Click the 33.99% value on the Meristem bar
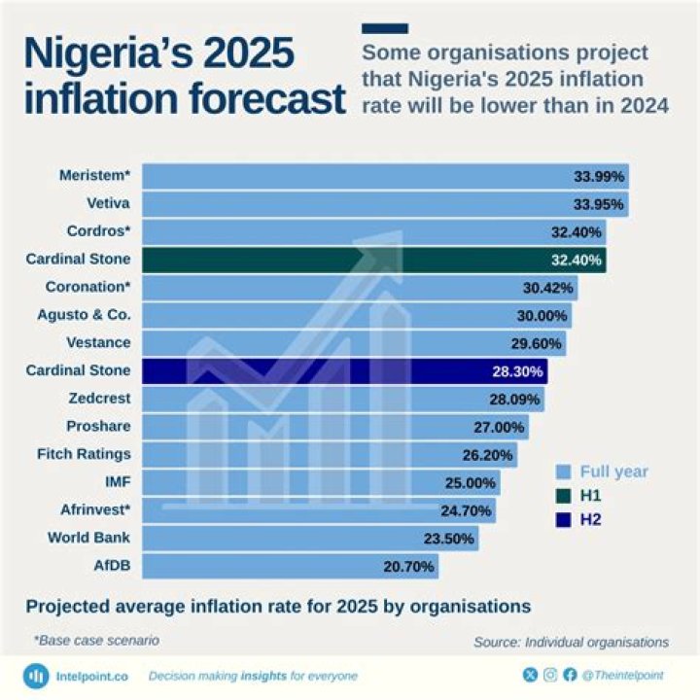tap(600, 176)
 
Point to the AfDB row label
tap(112, 566)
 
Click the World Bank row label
tap(88, 538)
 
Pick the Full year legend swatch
tap(563, 472)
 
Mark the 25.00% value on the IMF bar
tap(472, 482)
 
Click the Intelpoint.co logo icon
tap(37, 675)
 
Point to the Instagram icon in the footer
tap(550, 674)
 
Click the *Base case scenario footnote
tap(96, 641)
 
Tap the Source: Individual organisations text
tap(571, 642)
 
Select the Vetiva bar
tap(384, 204)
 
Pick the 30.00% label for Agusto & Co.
tap(542, 316)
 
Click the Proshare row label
tap(98, 427)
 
